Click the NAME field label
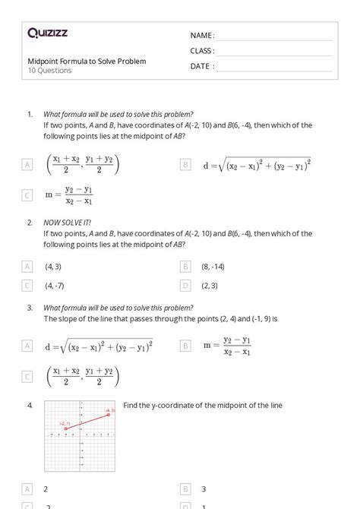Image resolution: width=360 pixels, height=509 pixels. [x=202, y=36]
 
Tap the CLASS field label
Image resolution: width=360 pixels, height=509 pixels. [x=202, y=51]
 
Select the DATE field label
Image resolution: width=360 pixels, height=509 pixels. [x=201, y=66]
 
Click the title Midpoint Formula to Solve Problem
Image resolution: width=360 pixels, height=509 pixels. [x=87, y=61]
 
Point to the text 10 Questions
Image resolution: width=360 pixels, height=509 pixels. [x=49, y=71]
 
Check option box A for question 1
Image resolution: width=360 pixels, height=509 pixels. [x=27, y=164]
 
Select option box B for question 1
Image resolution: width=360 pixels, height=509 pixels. [x=185, y=164]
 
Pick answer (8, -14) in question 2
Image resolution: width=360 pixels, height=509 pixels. [x=213, y=267]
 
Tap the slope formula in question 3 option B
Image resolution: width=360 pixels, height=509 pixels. [x=226, y=345]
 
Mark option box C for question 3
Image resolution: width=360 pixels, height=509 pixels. [x=27, y=376]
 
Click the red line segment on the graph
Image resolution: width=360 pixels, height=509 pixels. [x=87, y=421]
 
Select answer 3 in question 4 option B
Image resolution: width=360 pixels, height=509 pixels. [x=204, y=489]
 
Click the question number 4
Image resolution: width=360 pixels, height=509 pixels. [x=30, y=406]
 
